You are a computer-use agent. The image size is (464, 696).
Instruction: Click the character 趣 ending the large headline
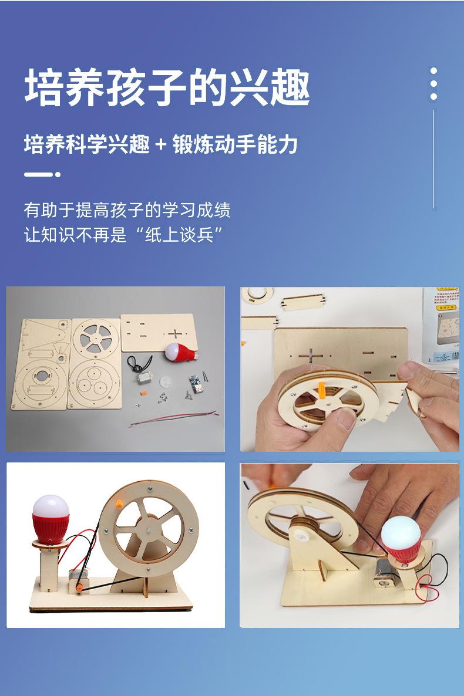[290, 87]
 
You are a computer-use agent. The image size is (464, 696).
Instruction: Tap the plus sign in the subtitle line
[162, 145]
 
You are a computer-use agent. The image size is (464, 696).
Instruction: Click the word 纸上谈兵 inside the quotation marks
[179, 234]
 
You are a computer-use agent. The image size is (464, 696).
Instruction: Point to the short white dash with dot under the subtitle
[42, 174]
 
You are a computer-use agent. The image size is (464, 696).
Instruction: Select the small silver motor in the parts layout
[143, 380]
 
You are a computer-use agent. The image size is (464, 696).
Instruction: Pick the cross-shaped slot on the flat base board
[175, 334]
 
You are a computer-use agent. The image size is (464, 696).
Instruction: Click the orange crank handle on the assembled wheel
[119, 504]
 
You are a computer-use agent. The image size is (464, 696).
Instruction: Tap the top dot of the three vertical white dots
[433, 70]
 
